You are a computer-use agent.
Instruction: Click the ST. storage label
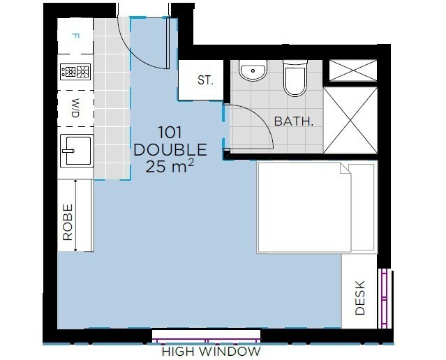[x=205, y=80]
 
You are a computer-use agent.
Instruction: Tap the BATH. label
[x=294, y=121]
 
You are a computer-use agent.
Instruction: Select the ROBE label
[x=68, y=222]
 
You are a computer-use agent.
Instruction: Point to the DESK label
[x=360, y=297]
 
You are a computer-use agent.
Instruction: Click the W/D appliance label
[x=75, y=108]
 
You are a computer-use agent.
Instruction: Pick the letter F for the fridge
[x=75, y=36]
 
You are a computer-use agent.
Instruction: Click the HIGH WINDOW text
[x=211, y=352]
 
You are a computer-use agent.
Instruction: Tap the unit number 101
[x=170, y=133]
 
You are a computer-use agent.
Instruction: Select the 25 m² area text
[x=170, y=166]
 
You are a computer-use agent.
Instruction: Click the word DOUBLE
[x=170, y=149]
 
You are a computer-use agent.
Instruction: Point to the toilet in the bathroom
[x=295, y=77]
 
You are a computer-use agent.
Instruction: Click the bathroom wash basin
[x=253, y=70]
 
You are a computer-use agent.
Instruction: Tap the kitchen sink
[x=77, y=151]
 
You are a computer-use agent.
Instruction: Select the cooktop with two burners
[x=75, y=71]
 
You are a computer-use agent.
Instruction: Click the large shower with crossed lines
[x=350, y=120]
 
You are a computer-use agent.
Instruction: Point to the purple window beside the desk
[x=385, y=299]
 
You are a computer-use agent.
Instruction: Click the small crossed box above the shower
[x=353, y=70]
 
